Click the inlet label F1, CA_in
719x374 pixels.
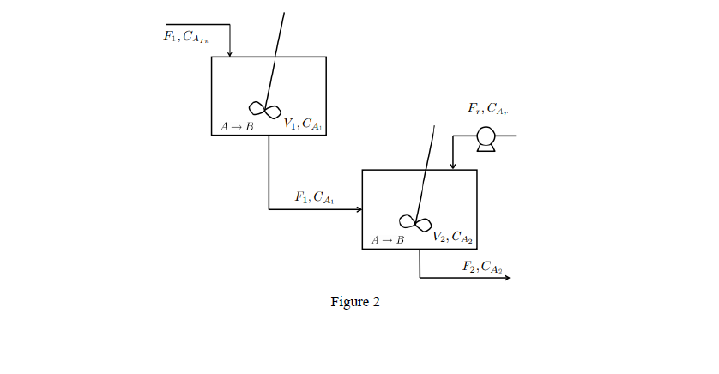tap(186, 37)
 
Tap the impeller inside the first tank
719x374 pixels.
tap(264, 109)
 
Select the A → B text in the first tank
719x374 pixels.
tap(237, 127)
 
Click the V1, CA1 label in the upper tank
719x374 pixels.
tap(304, 124)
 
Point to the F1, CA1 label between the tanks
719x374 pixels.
tap(314, 197)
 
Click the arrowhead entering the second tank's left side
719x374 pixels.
tap(359, 208)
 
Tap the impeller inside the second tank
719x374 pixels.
tap(415, 223)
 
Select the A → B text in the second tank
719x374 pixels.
tap(387, 240)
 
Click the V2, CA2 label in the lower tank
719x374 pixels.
tap(453, 237)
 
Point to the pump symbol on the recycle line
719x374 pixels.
tap(486, 138)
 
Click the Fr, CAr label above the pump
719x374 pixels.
tap(488, 109)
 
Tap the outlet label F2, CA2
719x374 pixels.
tap(481, 267)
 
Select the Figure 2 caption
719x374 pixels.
tap(355, 302)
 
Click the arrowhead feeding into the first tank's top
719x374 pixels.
tap(229, 53)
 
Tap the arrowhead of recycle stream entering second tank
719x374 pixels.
tap(452, 166)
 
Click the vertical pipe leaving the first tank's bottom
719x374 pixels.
tap(269, 172)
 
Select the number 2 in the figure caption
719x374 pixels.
tap(376, 302)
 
